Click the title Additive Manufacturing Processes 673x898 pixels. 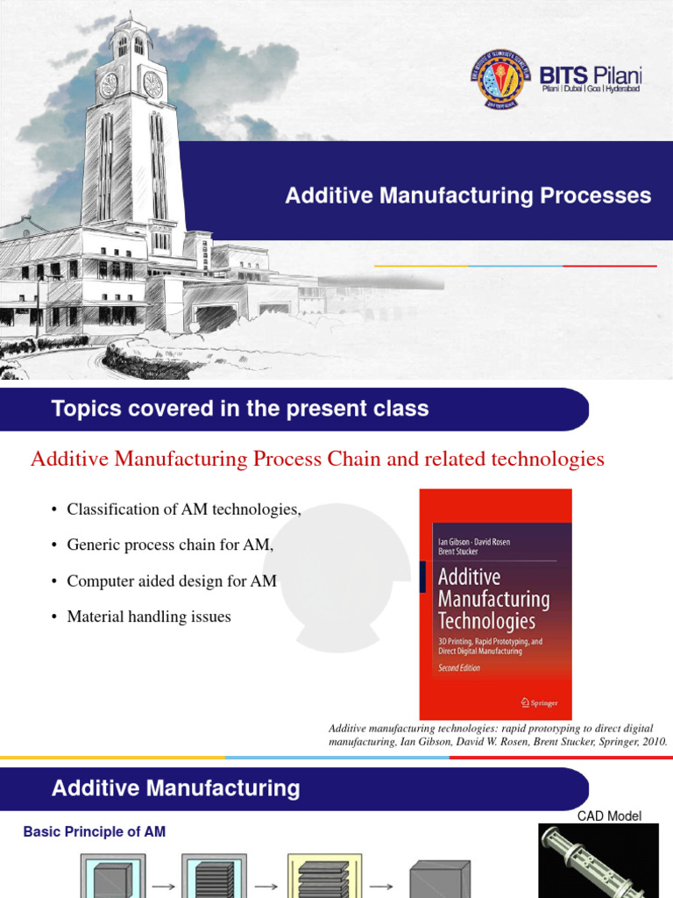[x=468, y=196]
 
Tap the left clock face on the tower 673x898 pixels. [x=110, y=84]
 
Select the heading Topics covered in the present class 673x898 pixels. [x=240, y=408]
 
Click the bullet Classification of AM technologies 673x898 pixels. [x=183, y=510]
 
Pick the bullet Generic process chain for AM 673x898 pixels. [x=170, y=545]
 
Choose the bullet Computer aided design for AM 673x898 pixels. [x=172, y=581]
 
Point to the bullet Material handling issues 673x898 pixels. [x=148, y=616]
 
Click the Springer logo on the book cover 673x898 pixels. [x=539, y=702]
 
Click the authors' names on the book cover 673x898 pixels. [x=473, y=546]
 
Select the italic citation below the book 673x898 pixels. [x=498, y=735]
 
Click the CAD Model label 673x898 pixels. [x=609, y=816]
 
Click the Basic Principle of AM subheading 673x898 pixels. [x=94, y=831]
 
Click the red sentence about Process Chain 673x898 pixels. [x=317, y=459]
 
